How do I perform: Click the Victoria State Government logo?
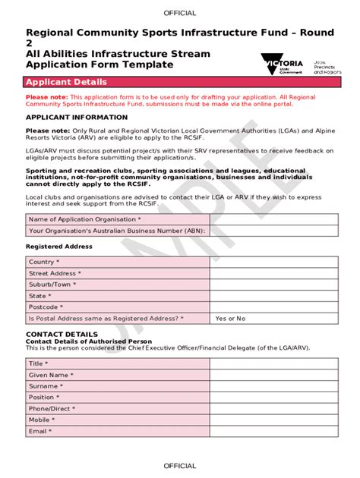pos(283,66)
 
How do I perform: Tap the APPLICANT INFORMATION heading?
pos(77,118)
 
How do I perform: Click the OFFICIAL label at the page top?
pos(179,13)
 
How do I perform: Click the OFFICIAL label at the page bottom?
pos(179,466)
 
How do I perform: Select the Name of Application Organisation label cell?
pos(118,219)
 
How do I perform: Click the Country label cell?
pos(118,262)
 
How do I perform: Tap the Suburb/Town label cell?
pos(118,285)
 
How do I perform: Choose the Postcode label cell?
pos(118,307)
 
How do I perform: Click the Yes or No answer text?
pos(231,319)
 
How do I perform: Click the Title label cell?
pos(118,363)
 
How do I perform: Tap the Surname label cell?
pos(118,386)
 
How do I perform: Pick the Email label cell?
pos(118,431)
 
